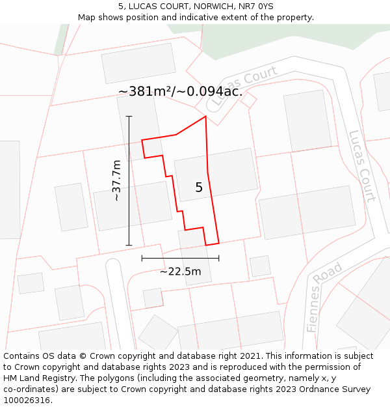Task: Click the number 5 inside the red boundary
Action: [199, 188]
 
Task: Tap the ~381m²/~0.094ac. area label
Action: [180, 92]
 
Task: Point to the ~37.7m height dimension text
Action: [116, 180]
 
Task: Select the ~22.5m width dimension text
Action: [180, 271]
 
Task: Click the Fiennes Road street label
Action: [324, 298]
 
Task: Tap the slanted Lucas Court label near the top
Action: [241, 88]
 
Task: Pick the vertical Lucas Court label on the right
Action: [361, 166]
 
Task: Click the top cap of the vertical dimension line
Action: [129, 117]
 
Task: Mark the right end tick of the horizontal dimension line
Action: [218, 258]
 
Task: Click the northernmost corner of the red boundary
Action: [205, 117]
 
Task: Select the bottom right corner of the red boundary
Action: [218, 243]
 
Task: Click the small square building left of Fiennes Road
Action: [260, 266]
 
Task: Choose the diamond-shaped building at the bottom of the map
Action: [157, 333]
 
